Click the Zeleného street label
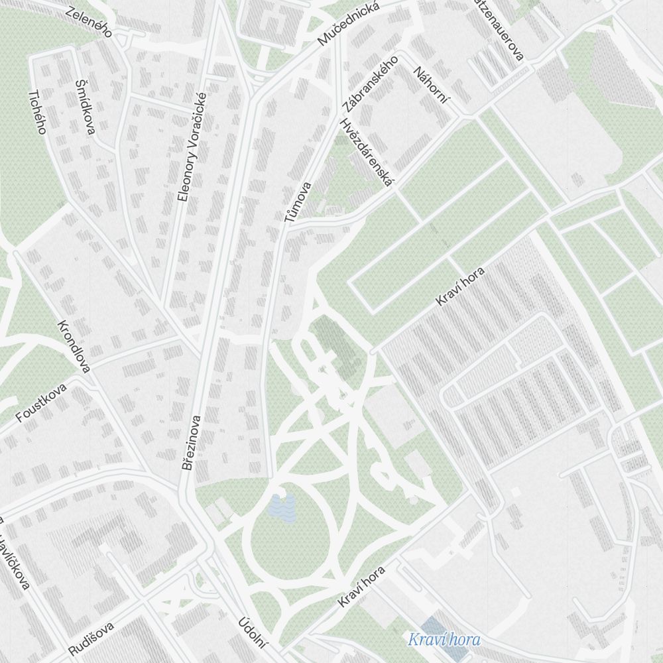(89, 22)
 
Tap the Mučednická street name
(348, 24)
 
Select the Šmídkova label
(86, 106)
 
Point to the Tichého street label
(36, 111)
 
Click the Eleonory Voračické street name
(193, 156)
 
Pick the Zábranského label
(370, 84)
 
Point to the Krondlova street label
(74, 345)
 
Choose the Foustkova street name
(42, 402)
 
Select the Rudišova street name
(91, 638)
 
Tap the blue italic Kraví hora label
(444, 640)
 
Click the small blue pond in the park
(282, 508)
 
